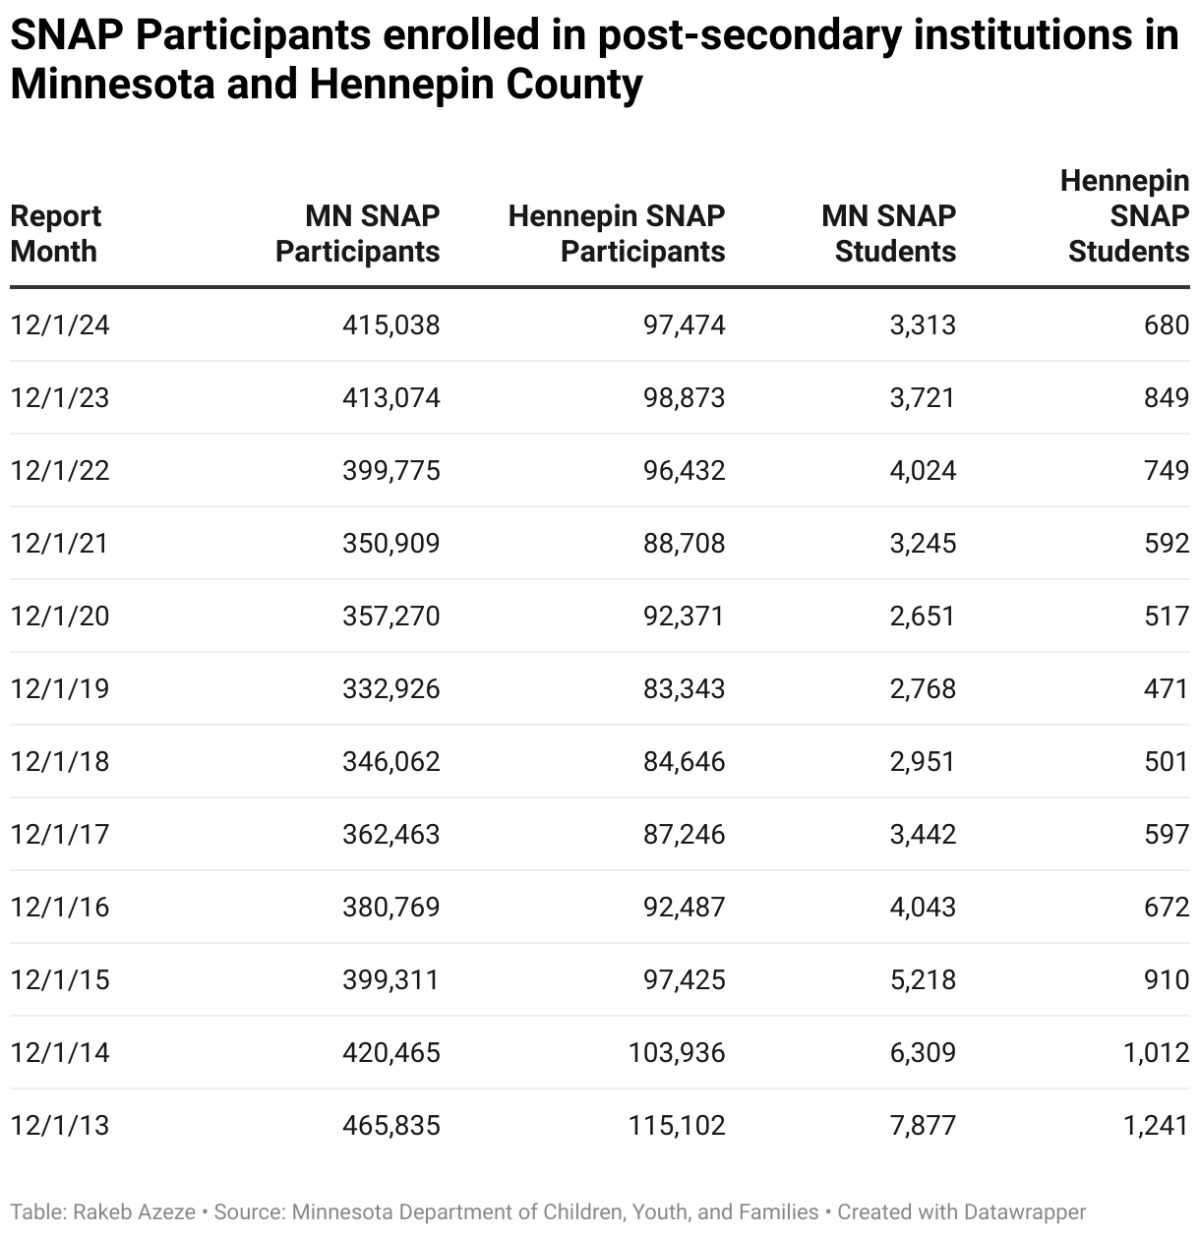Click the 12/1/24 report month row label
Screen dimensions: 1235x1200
coord(60,324)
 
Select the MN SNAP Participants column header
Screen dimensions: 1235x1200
coord(358,234)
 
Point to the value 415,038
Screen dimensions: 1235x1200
coord(390,324)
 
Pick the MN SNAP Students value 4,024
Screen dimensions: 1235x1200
coord(923,470)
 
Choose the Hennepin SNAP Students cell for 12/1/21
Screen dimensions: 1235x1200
coord(1167,543)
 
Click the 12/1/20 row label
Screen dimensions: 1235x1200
coord(60,616)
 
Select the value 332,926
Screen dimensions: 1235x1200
coord(390,688)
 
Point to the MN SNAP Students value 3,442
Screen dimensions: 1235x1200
coord(923,834)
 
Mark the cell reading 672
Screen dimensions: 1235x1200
coord(1167,907)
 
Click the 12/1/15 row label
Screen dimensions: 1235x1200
coord(60,979)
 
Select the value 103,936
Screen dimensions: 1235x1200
coord(677,1052)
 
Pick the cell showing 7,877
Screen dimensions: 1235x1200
coord(923,1125)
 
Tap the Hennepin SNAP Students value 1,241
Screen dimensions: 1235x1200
coord(1156,1125)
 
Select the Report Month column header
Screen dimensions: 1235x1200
coord(55,234)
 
